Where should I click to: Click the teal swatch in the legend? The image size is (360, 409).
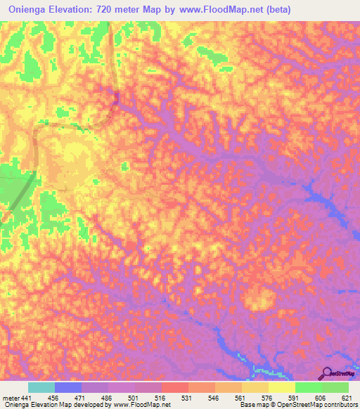(41, 387)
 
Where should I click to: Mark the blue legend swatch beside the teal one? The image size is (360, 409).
(68, 387)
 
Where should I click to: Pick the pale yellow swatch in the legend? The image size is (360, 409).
(281, 387)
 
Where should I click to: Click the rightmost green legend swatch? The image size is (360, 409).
(335, 387)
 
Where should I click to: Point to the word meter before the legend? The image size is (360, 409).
(11, 398)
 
